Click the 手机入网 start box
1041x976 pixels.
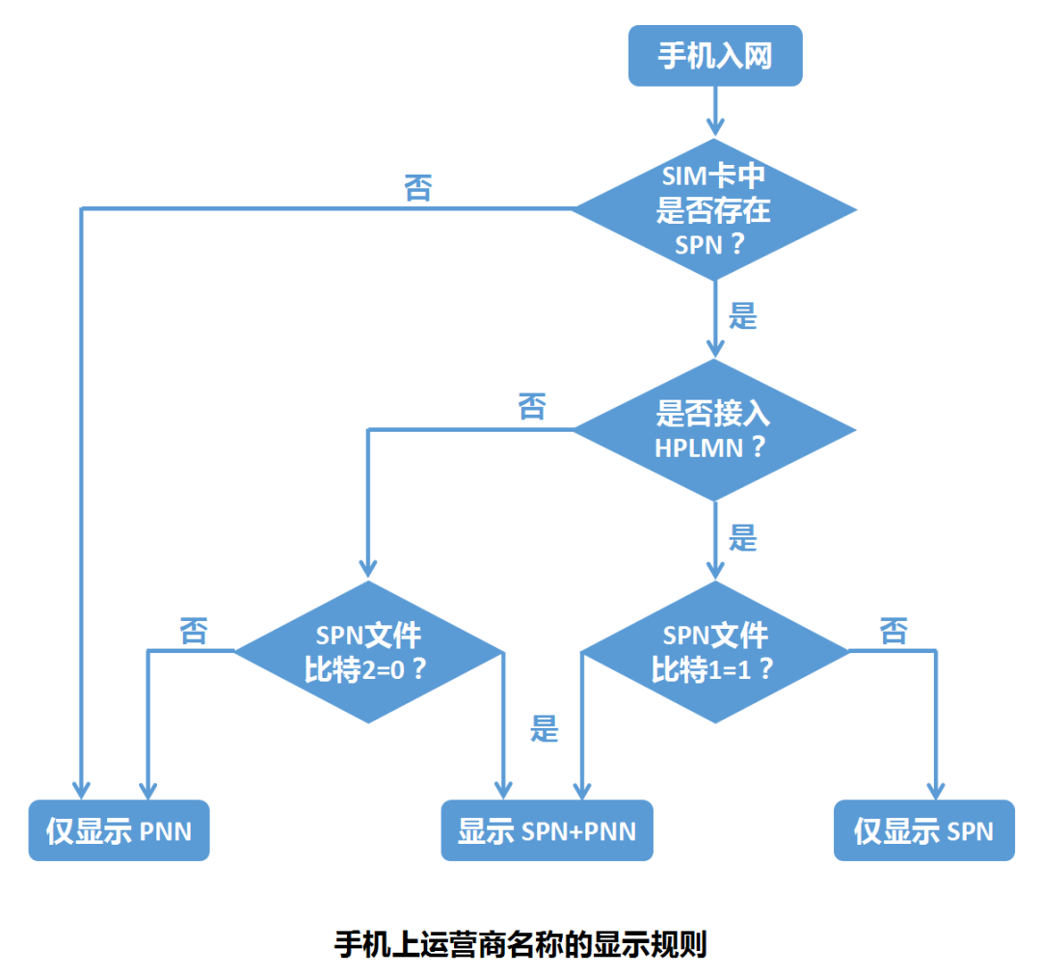pyautogui.click(x=714, y=56)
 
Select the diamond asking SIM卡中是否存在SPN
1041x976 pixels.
pyautogui.click(x=714, y=208)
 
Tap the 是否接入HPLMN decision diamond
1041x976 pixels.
pyautogui.click(x=714, y=430)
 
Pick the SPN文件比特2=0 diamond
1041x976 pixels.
pyautogui.click(x=368, y=652)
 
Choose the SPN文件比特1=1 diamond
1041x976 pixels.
pyautogui.click(x=714, y=652)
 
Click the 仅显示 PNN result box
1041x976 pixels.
pyautogui.click(x=119, y=830)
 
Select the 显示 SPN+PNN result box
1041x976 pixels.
pyautogui.click(x=547, y=830)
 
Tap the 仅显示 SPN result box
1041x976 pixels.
pyautogui.click(x=923, y=830)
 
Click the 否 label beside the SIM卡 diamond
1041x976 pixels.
pyautogui.click(x=418, y=187)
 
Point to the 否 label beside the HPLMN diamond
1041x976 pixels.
pyautogui.click(x=531, y=406)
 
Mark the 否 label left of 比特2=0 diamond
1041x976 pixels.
pyautogui.click(x=193, y=632)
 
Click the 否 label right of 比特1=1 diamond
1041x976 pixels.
pyautogui.click(x=894, y=632)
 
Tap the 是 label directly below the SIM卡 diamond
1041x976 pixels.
pyautogui.click(x=743, y=315)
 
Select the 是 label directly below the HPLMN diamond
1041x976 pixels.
pyautogui.click(x=743, y=538)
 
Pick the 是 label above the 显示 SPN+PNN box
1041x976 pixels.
pyautogui.click(x=545, y=728)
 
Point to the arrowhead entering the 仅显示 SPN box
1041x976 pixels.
pyautogui.click(x=936, y=789)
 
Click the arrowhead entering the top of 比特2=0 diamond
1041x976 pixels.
pyautogui.click(x=368, y=569)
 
